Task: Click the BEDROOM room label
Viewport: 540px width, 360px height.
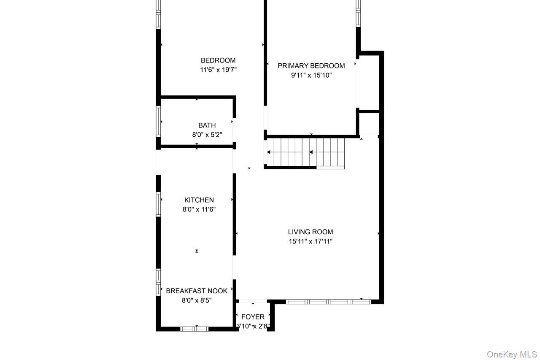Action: [x=218, y=60]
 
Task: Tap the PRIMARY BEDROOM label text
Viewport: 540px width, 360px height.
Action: [x=311, y=66]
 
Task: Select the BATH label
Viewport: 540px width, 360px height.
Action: [x=207, y=125]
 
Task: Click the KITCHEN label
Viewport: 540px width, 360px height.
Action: [x=199, y=200]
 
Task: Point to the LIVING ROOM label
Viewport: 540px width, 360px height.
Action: [x=310, y=232]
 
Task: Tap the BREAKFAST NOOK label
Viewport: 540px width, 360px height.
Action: [x=197, y=291]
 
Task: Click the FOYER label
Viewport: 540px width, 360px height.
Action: [x=253, y=317]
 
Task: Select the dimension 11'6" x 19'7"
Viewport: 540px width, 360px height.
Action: [x=218, y=70]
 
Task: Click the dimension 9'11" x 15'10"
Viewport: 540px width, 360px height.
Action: [x=311, y=76]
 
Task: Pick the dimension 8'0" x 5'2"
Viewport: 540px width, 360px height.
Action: [x=207, y=135]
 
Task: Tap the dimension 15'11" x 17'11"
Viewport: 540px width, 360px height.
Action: [x=310, y=241]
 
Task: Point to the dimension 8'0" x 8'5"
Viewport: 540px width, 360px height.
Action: [x=197, y=300]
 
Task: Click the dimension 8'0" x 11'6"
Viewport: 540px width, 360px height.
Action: [x=199, y=209]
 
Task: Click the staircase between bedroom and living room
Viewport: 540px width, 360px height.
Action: [x=306, y=152]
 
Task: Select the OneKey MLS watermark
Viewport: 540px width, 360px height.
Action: [x=511, y=354]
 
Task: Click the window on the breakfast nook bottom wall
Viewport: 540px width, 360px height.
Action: [x=194, y=329]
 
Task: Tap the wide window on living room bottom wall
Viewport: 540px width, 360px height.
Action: [x=328, y=301]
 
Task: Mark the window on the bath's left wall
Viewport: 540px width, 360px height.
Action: [x=159, y=121]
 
